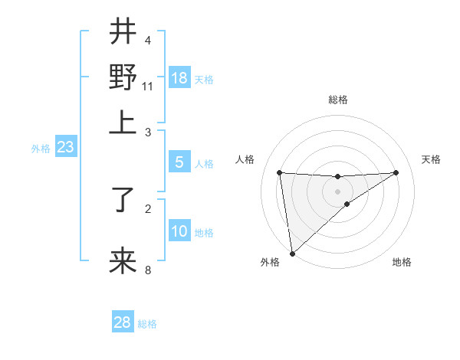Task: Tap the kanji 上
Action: pyautogui.click(x=123, y=122)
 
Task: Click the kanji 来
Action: pyautogui.click(x=123, y=260)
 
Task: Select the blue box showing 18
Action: pyautogui.click(x=179, y=78)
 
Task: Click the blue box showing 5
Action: pyautogui.click(x=179, y=162)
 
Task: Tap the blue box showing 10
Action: pyautogui.click(x=179, y=231)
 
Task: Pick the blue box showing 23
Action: pyautogui.click(x=65, y=148)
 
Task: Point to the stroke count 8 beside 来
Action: pyautogui.click(x=148, y=270)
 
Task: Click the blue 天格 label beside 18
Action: pyautogui.click(x=204, y=80)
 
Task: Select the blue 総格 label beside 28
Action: pyautogui.click(x=147, y=324)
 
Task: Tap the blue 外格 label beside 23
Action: pyautogui.click(x=41, y=149)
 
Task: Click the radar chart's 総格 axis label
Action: pyautogui.click(x=337, y=100)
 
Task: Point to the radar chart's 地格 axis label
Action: pyautogui.click(x=402, y=262)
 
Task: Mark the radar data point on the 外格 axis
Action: pyautogui.click(x=292, y=253)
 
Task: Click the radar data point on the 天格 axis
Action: pyautogui.click(x=396, y=172)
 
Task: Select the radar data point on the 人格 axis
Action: pyautogui.click(x=280, y=172)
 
